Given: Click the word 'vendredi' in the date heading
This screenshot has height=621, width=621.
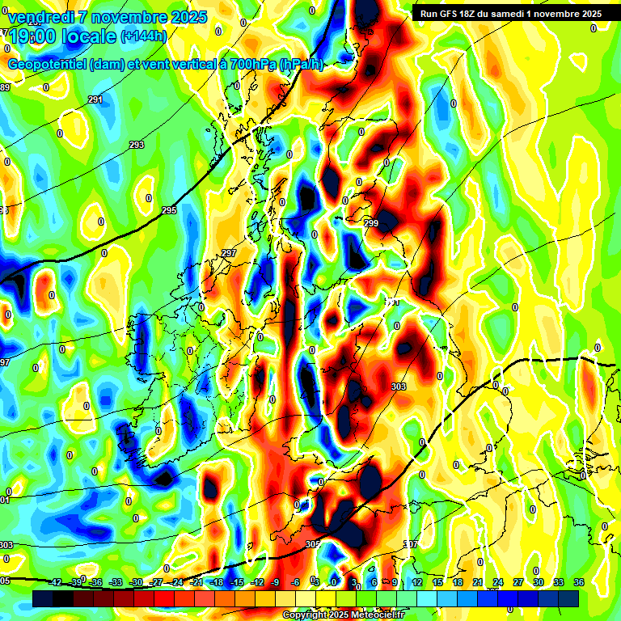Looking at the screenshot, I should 41,17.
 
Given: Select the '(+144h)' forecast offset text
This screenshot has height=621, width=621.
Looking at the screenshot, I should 144,36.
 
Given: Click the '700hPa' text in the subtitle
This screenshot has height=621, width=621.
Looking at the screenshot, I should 248,65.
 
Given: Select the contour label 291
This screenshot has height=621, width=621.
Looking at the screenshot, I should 95,100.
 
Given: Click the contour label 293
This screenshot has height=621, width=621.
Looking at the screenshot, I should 137,145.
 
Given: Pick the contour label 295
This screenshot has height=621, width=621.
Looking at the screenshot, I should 168,210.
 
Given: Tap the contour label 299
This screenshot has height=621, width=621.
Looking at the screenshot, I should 371,223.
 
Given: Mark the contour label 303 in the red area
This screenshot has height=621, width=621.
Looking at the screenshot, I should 398,387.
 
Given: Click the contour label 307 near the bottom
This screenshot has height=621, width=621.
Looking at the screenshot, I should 410,544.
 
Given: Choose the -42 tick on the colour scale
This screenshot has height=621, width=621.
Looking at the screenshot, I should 56,582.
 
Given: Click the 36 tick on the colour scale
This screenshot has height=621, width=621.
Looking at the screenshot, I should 579,582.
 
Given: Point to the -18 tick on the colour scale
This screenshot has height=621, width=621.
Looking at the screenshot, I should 217,582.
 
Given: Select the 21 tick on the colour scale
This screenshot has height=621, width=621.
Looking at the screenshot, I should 478,582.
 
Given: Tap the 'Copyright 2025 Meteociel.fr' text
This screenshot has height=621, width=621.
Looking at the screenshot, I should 343,615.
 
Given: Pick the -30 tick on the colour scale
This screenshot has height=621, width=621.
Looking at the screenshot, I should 137,582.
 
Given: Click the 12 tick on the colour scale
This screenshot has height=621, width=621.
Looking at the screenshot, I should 417,582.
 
